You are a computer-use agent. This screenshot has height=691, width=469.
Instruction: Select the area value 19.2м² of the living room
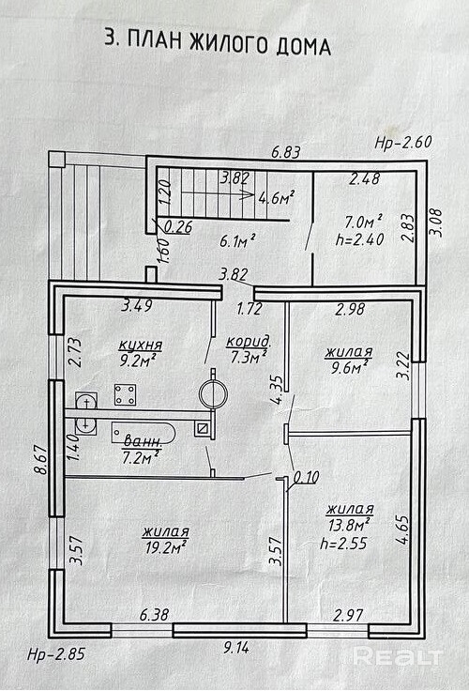tap(165, 547)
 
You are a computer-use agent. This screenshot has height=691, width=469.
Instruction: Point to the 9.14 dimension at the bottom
tap(236, 648)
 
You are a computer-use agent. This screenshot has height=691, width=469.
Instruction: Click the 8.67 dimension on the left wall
tap(41, 459)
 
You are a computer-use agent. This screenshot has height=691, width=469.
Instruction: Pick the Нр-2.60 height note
tap(403, 143)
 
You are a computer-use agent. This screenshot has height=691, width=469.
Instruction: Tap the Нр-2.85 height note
tap(55, 654)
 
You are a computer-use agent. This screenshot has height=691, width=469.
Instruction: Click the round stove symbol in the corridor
tap(213, 392)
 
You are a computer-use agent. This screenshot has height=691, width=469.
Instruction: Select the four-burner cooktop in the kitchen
tap(125, 394)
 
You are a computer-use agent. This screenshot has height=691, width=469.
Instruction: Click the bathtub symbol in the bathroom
tap(144, 434)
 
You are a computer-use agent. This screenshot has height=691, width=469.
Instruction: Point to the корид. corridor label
tap(249, 342)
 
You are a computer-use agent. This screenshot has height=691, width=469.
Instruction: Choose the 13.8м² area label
tap(349, 525)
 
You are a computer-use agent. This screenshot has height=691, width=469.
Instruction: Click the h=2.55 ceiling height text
tap(343, 544)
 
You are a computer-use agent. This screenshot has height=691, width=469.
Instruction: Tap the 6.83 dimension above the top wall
tap(286, 152)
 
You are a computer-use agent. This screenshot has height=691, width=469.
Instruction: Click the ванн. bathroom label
tap(143, 440)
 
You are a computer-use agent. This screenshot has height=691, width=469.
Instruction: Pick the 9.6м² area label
tap(350, 367)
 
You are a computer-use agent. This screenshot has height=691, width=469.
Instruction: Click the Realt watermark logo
tap(397, 657)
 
